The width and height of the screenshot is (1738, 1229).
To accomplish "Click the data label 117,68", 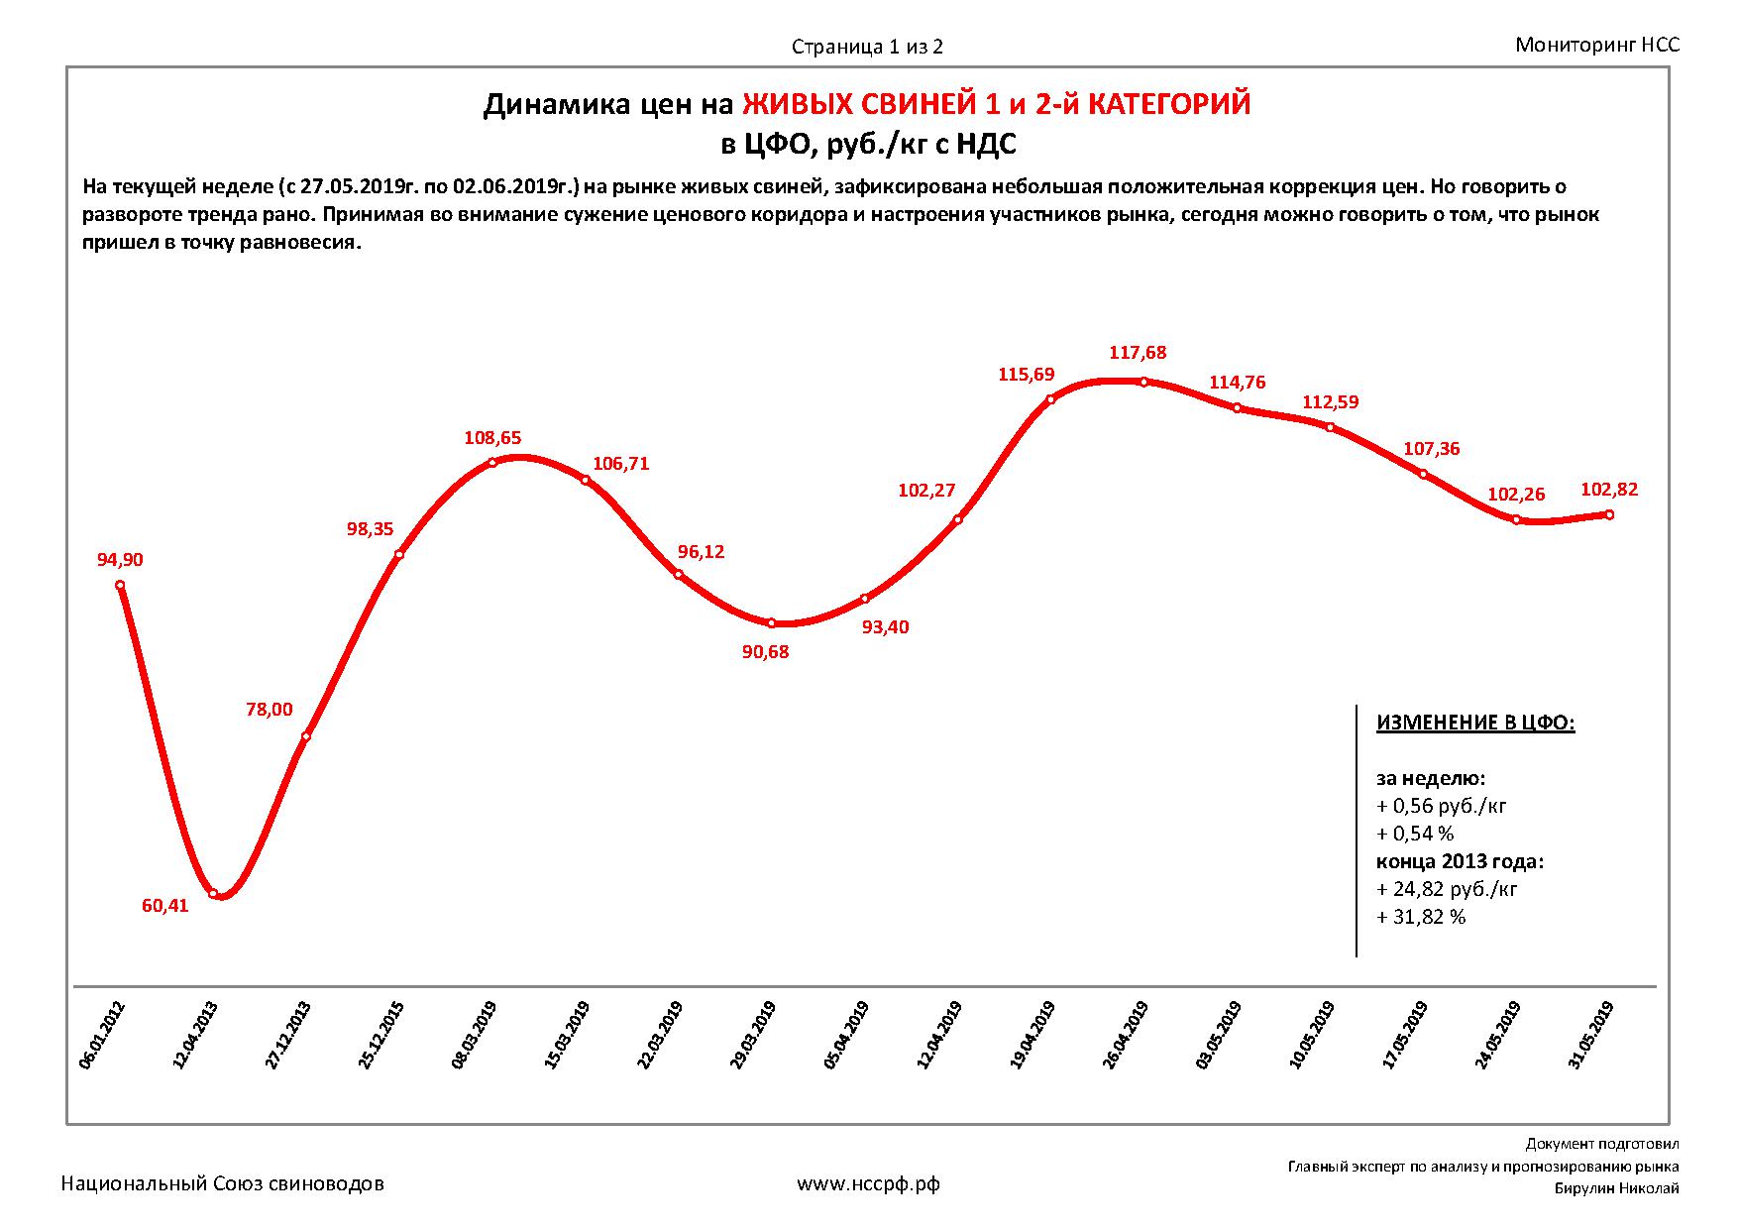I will (x=1138, y=353).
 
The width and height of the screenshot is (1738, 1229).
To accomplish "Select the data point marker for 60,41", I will (x=213, y=894).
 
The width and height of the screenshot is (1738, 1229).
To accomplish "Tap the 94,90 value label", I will (x=120, y=560).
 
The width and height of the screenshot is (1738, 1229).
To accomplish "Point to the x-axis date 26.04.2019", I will (x=1126, y=1036).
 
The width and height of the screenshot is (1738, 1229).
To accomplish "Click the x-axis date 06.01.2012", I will (x=101, y=1036).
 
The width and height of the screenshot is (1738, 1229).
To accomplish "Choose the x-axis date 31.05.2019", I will (x=1591, y=1036).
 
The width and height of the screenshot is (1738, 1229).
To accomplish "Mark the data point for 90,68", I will (x=772, y=623).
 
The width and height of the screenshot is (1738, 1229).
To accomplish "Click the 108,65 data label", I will (x=492, y=438).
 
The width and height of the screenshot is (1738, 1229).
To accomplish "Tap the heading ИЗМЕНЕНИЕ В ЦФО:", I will (x=1475, y=723).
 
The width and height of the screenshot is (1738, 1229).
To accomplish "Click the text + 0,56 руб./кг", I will (x=1442, y=806).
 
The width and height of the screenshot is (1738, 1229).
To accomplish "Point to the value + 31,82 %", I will (x=1421, y=917).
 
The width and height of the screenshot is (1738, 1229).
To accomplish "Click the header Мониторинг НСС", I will (x=1597, y=45).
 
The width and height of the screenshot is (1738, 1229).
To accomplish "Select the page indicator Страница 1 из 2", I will (x=867, y=47).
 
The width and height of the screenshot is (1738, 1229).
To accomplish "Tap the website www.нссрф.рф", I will (x=868, y=1183).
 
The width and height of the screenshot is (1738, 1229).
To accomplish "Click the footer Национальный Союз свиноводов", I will (x=223, y=1183).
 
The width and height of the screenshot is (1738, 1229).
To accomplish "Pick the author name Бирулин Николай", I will (x=1616, y=1189).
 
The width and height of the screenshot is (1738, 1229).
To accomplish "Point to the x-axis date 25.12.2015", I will (x=380, y=1036).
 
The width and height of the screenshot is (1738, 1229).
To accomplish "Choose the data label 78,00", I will (x=270, y=710).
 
